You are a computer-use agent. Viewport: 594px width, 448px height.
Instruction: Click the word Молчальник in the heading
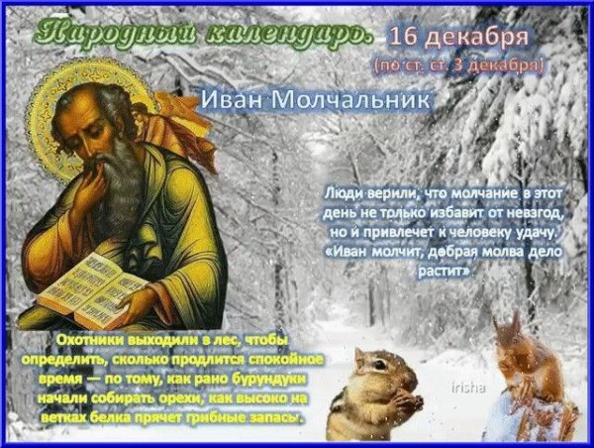351,100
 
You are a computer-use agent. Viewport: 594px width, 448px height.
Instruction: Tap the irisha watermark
466,388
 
